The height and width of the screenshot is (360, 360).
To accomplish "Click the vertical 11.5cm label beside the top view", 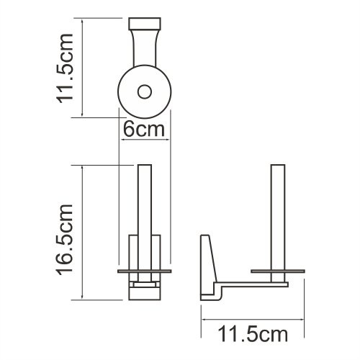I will (63, 68).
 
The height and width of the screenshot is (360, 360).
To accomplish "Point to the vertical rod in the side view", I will (277, 216).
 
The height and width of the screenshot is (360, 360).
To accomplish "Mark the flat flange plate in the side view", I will (277, 271).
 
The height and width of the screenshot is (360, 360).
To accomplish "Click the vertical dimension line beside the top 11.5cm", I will (85, 68).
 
